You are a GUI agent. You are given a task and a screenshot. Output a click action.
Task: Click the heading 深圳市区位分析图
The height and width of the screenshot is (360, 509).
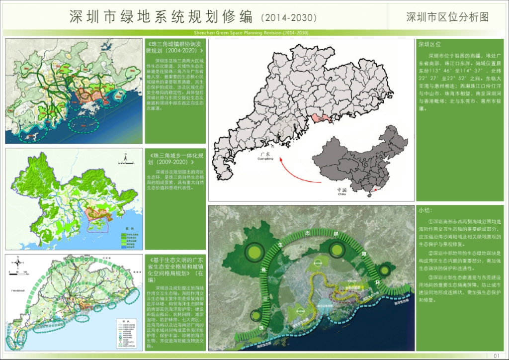pos(447,17)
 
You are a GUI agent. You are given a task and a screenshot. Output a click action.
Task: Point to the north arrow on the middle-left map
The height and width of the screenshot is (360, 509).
pos(127,159)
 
